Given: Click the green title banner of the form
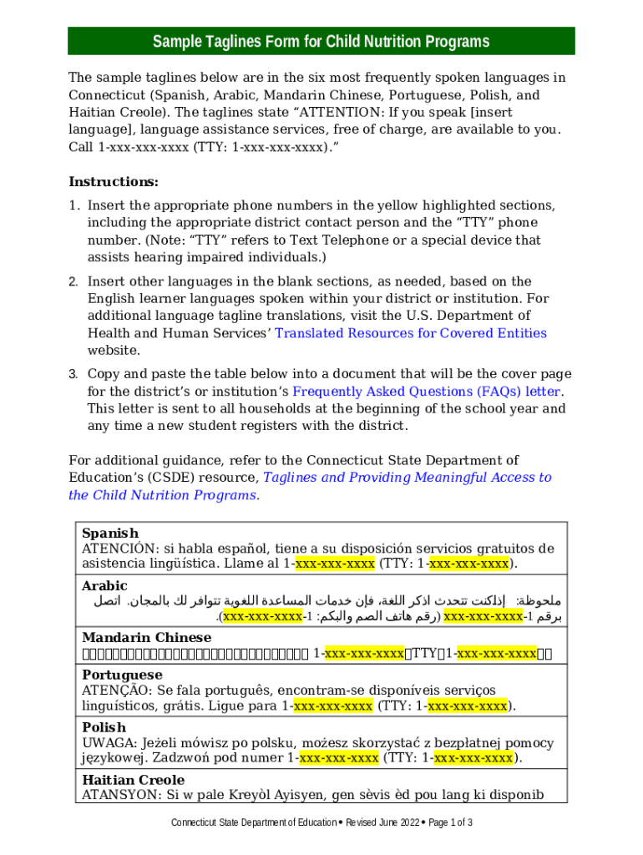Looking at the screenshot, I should pos(321,42).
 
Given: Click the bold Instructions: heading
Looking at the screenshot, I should pos(114,182).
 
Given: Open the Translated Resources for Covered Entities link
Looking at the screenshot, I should pos(411,333).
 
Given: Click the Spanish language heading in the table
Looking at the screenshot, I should pos(110,533).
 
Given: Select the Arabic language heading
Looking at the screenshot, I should pos(104,586).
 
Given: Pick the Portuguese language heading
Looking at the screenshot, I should pos(122,675).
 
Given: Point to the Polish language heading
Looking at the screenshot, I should pos(104,727).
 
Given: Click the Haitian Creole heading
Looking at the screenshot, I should pos(133,780).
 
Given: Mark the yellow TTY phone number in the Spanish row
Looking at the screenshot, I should pos(468,564).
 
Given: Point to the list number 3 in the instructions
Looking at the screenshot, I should pos(73,374).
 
